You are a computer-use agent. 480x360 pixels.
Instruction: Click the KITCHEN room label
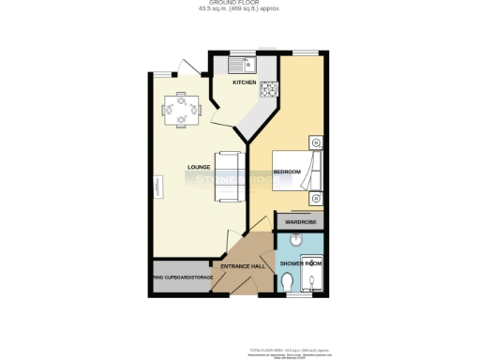tap(244, 82)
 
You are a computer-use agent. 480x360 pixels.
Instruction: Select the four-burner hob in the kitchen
tap(268, 90)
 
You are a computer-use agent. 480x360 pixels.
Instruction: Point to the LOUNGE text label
tap(198, 168)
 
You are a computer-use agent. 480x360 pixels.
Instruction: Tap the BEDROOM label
tap(287, 172)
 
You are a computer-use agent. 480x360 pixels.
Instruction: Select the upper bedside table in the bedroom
tap(317, 143)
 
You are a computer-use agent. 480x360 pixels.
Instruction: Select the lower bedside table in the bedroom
tap(317, 198)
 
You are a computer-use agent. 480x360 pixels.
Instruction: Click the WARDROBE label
tap(300, 222)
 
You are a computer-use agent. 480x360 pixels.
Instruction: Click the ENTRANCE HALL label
tap(242, 266)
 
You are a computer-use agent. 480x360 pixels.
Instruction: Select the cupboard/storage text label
tap(183, 277)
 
